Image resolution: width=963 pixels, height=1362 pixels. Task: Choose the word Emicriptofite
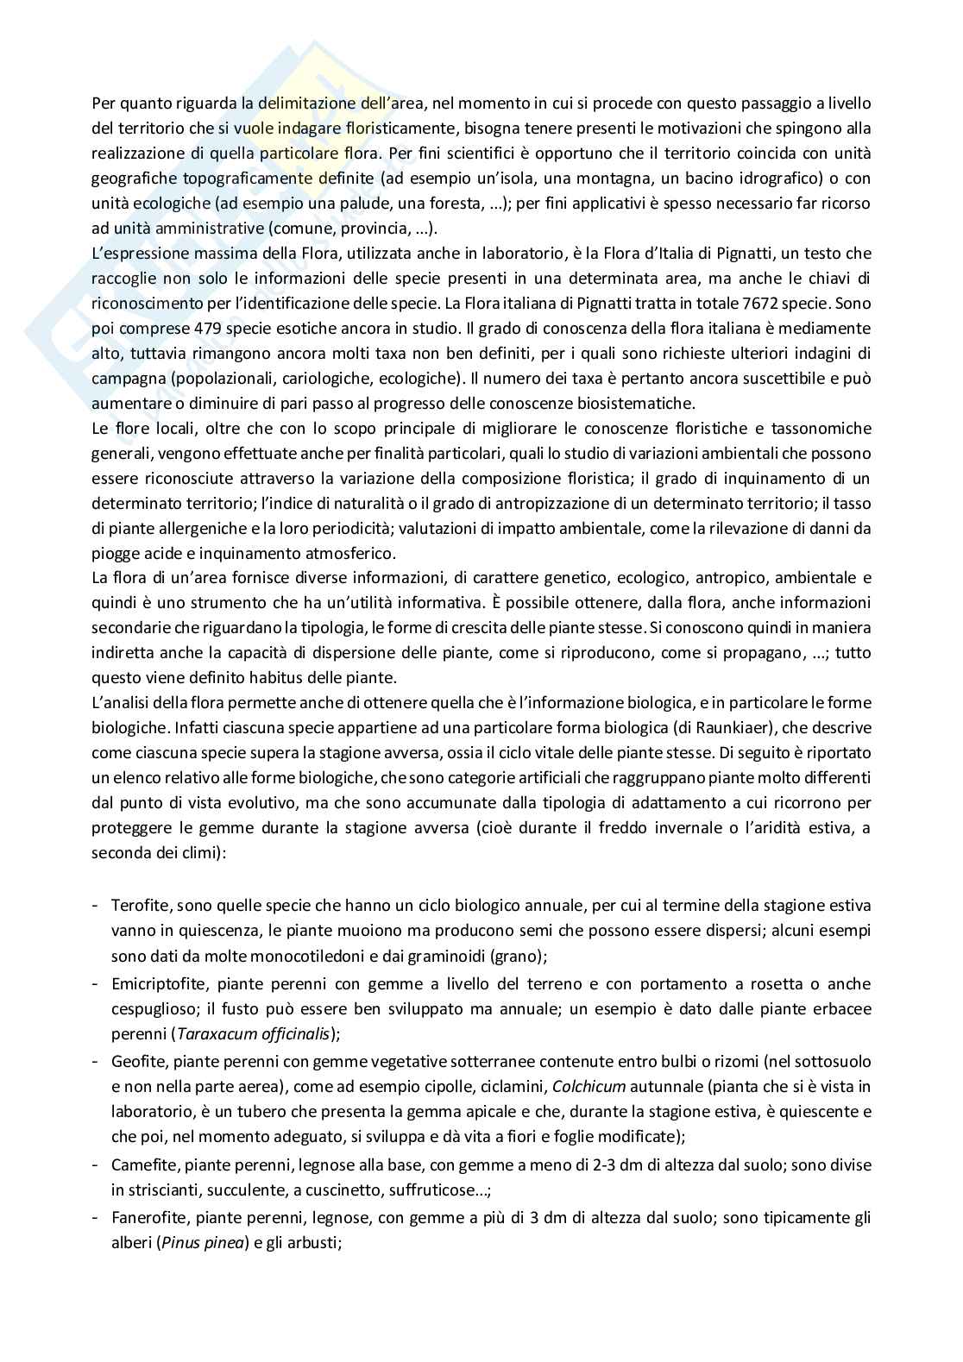[158, 983]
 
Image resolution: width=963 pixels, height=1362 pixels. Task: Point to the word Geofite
[135, 1061]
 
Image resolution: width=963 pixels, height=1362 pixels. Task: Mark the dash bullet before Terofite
[95, 906]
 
